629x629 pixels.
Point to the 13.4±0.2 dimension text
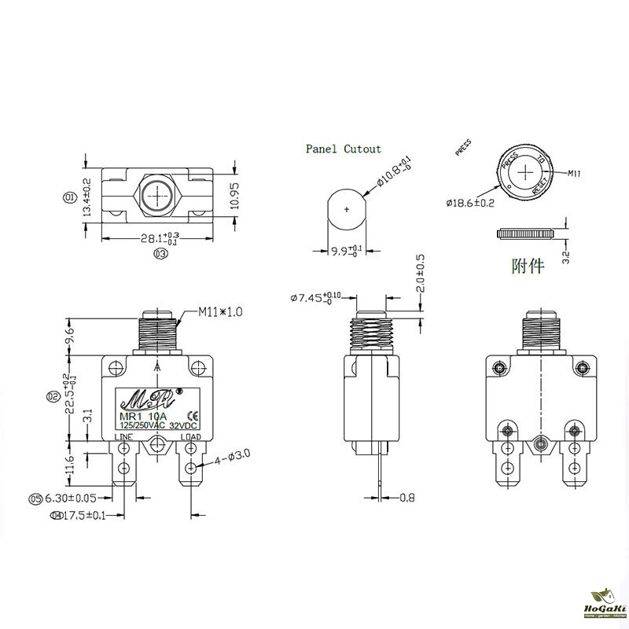87,197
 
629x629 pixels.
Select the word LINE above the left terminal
124,437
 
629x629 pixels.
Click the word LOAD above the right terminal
191,437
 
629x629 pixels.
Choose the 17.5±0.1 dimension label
81,516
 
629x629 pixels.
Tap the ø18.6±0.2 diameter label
469,203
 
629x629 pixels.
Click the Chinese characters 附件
527,266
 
